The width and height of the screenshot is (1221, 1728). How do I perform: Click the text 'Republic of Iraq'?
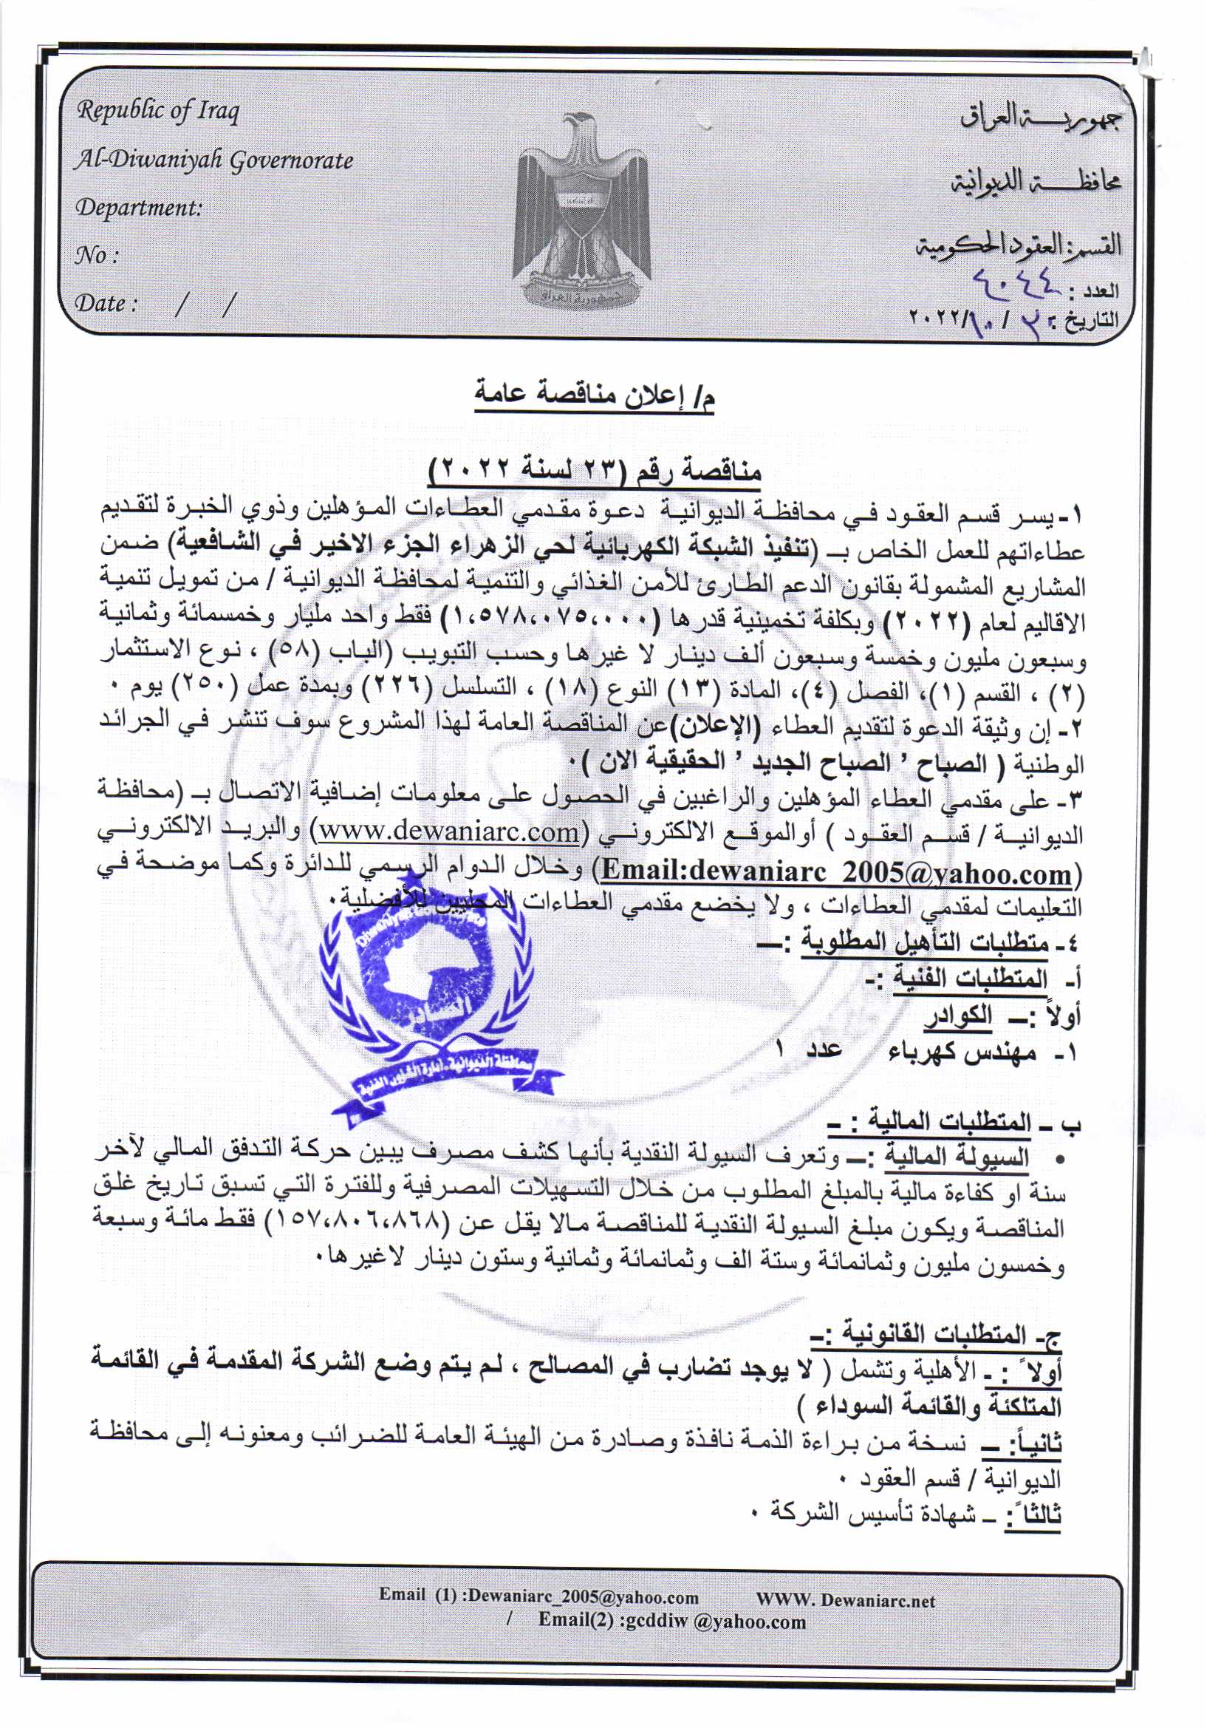(158, 112)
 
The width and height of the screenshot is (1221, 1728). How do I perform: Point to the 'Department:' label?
(138, 208)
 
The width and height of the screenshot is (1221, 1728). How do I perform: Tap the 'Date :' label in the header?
(106, 304)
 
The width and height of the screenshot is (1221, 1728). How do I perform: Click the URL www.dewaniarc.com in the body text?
(449, 833)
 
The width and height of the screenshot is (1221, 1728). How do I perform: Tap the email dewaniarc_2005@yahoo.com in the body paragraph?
(837, 872)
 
